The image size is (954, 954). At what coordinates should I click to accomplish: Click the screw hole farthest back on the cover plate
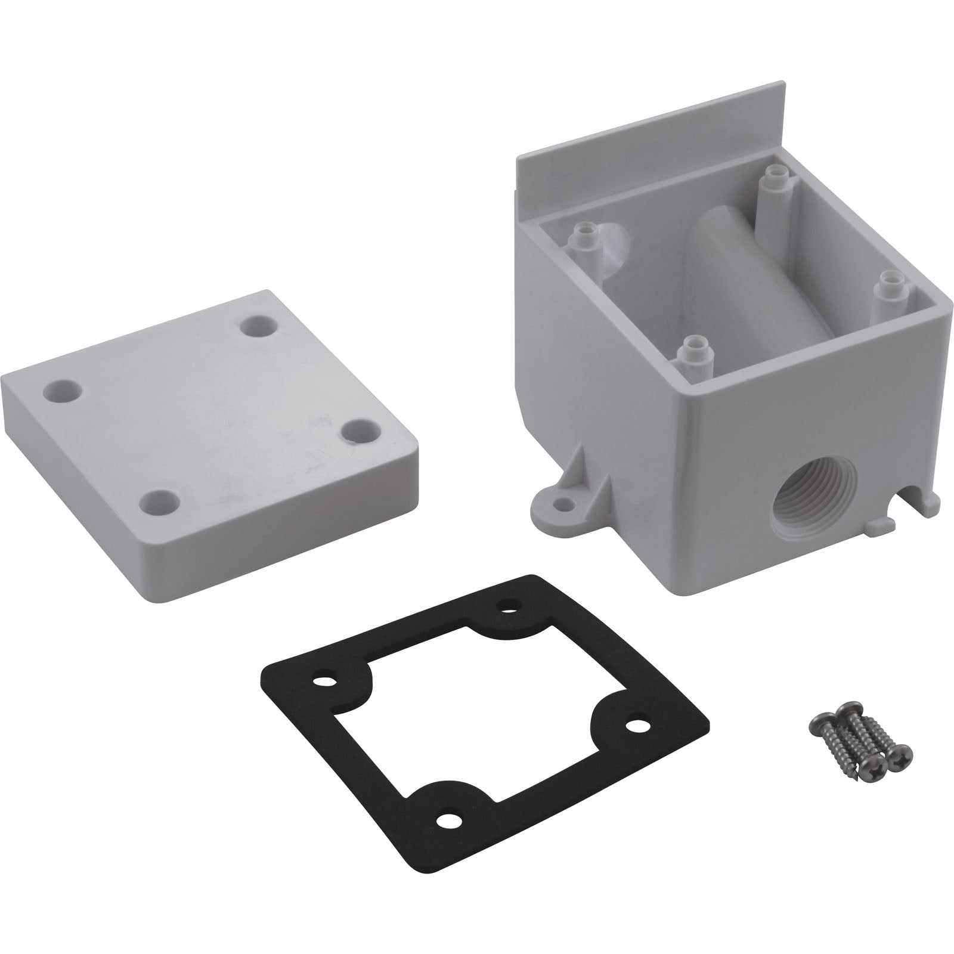258,327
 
